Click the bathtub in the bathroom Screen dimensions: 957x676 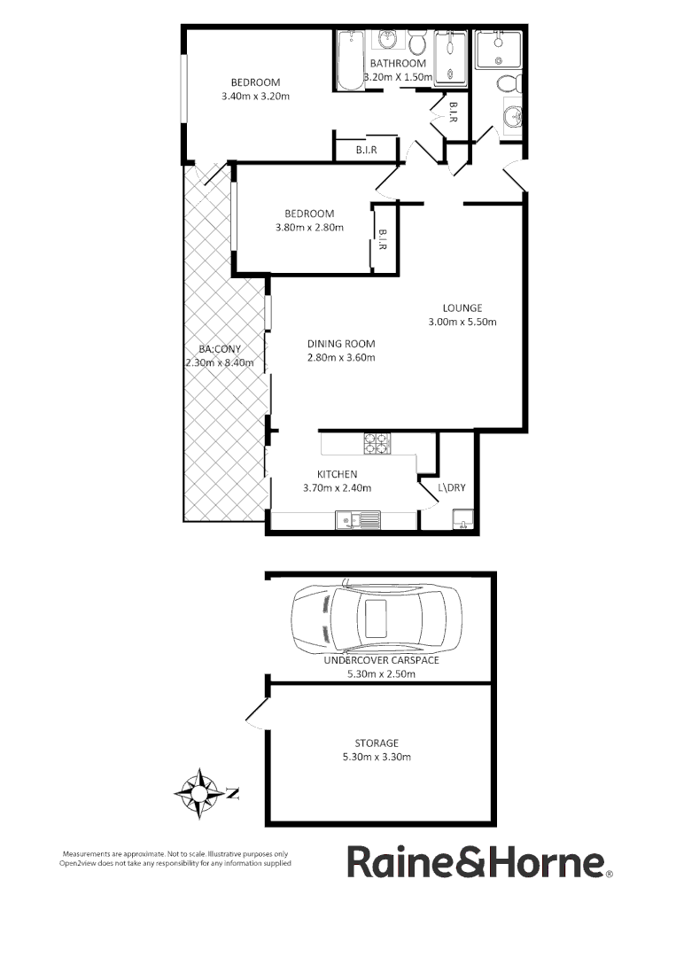point(351,59)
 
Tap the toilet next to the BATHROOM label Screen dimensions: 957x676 point(419,42)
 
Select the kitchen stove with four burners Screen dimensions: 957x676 point(377,443)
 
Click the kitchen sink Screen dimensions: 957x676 point(358,520)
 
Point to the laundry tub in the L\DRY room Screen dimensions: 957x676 point(462,519)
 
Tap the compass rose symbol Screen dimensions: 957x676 point(201,789)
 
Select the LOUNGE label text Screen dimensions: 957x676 point(462,307)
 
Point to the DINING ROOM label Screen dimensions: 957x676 point(341,344)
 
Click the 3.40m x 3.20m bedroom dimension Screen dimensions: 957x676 point(256,97)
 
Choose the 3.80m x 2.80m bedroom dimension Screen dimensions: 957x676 point(308,228)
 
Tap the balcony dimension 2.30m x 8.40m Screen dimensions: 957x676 point(220,362)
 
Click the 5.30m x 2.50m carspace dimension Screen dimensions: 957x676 point(381,673)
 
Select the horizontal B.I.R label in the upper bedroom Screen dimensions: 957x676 point(366,151)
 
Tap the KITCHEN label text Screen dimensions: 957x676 point(337,474)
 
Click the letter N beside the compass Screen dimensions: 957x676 point(233,793)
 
